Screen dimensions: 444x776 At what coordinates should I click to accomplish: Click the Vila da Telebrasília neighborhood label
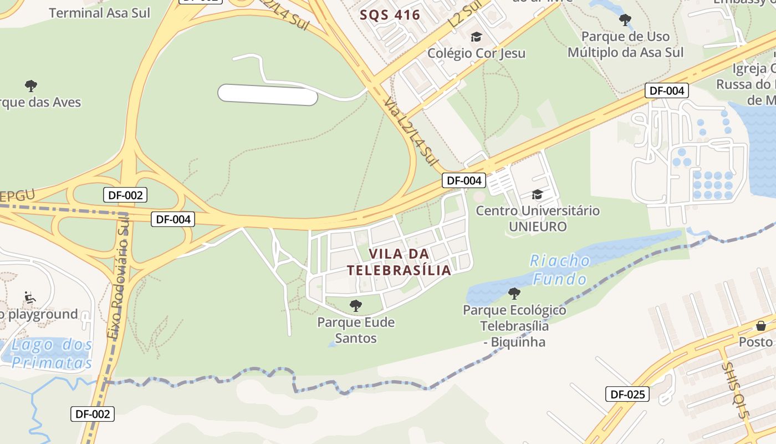[x=399, y=262]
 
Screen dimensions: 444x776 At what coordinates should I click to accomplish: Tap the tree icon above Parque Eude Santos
[x=356, y=305]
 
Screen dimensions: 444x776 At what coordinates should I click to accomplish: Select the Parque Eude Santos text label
[x=356, y=330]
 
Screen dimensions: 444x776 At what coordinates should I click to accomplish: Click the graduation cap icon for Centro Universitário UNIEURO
[x=537, y=194]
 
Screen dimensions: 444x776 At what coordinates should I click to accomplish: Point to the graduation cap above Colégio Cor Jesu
[x=476, y=37]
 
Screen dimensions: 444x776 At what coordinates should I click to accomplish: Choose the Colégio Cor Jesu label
[x=476, y=53]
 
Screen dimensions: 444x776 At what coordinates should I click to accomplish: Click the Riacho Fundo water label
[x=560, y=269]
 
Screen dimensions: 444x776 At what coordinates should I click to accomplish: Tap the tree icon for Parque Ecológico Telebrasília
[x=514, y=293]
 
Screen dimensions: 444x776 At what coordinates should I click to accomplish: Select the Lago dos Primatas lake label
[x=52, y=354]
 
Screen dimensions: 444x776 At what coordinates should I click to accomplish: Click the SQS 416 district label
[x=390, y=15]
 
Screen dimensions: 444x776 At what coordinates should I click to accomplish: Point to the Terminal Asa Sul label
[x=99, y=12]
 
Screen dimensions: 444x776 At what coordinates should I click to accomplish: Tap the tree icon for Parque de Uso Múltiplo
[x=625, y=21]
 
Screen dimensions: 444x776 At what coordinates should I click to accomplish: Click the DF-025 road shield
[x=627, y=395]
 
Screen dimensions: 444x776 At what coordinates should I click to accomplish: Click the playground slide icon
[x=30, y=298]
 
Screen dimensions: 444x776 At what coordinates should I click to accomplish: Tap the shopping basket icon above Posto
[x=760, y=325]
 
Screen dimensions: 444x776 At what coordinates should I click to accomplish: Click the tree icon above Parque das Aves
[x=31, y=85]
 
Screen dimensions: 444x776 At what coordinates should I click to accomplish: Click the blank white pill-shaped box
[x=268, y=94]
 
